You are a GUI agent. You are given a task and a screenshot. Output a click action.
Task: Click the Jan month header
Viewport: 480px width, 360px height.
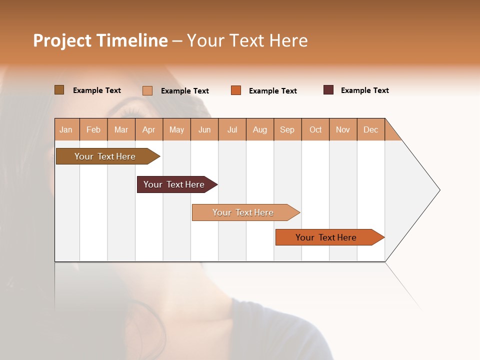pos(66,130)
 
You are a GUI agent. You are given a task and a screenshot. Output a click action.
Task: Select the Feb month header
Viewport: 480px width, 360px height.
pos(93,130)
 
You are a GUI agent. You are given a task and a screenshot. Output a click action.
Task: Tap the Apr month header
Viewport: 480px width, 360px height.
pos(148,130)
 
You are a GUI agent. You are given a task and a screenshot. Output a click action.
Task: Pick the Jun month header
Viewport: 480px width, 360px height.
pos(204,130)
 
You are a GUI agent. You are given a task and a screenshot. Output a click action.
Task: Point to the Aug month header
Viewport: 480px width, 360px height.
pos(259,130)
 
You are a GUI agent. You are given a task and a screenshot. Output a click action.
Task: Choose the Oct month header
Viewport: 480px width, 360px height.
pos(315,130)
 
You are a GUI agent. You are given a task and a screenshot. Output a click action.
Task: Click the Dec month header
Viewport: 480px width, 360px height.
pos(370,130)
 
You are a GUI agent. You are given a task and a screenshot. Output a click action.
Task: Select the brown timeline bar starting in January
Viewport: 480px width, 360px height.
pos(105,156)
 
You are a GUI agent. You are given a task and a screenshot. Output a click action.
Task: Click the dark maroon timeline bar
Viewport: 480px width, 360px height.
pos(174,184)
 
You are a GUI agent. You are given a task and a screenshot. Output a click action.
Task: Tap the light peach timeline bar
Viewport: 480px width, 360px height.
pos(243,212)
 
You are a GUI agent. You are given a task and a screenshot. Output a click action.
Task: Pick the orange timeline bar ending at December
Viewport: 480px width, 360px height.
pos(326,237)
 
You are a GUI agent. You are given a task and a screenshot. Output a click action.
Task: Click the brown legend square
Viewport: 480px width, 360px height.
pos(59,90)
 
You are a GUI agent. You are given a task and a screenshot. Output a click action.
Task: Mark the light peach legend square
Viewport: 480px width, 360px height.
pos(147,90)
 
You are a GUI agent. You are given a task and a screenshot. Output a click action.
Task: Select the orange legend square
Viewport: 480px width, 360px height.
pos(236,90)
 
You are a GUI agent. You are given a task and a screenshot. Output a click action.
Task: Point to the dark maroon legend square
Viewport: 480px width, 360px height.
pos(328,90)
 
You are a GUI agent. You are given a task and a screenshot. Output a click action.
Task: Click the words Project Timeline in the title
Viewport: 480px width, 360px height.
pos(100,40)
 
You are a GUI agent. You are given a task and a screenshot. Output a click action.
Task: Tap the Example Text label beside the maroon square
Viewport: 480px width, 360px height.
pos(364,90)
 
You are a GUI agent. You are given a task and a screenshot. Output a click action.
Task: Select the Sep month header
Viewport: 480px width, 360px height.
pos(287,130)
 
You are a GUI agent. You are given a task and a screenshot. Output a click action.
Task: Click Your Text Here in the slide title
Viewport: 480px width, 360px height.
pos(247,40)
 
